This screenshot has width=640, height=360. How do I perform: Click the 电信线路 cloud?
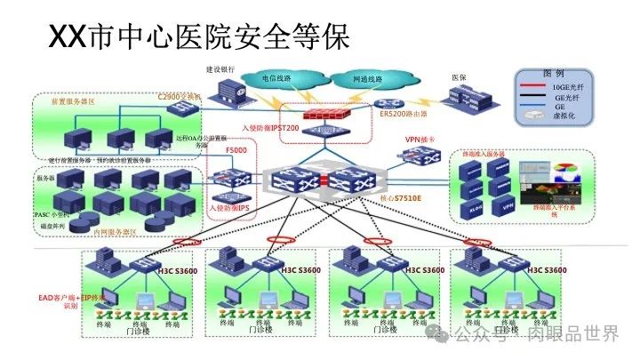277,78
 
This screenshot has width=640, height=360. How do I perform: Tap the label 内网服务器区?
115,232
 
